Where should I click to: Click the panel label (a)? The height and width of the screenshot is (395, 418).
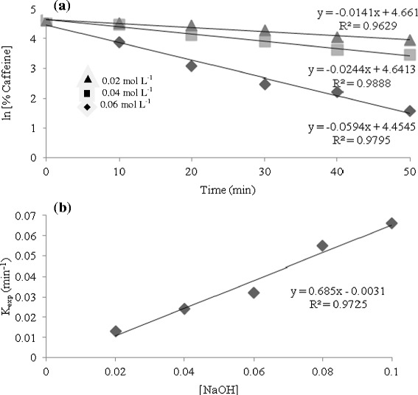[x=61, y=8]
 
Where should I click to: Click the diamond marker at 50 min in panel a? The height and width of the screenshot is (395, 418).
[x=410, y=111]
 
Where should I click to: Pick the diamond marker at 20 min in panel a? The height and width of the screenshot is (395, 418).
[x=192, y=66]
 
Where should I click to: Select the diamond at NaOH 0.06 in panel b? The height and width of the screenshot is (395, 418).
[x=254, y=293]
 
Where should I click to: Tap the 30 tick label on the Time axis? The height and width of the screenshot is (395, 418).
[x=264, y=172]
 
